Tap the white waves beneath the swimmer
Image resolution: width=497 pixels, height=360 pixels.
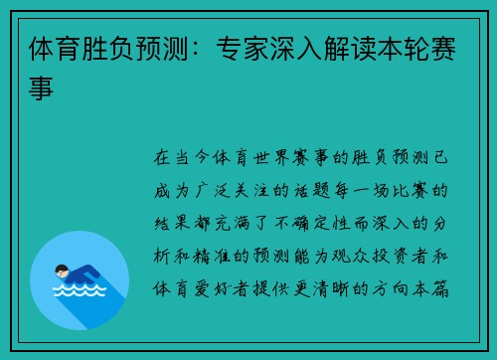(x=80, y=289)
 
